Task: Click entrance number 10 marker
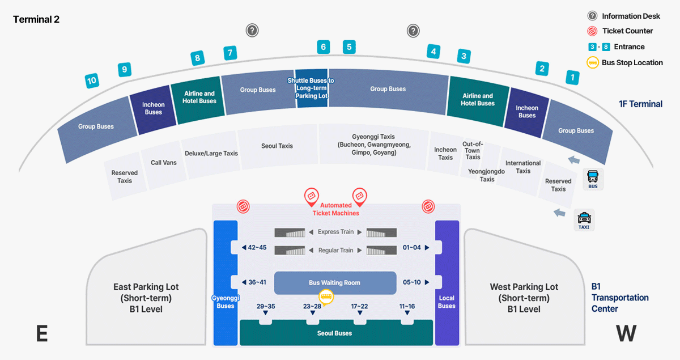(x=92, y=81)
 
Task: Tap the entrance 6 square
(x=324, y=47)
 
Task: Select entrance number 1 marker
(x=572, y=78)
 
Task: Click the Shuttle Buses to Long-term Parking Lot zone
(x=312, y=88)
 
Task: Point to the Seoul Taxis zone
(x=277, y=146)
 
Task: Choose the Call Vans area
(x=163, y=163)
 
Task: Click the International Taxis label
(x=523, y=167)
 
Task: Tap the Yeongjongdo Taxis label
(x=487, y=175)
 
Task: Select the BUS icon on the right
(x=593, y=179)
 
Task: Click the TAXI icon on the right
(x=584, y=219)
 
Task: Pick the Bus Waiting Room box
(x=334, y=283)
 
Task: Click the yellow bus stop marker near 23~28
(x=326, y=296)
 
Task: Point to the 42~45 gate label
(x=253, y=247)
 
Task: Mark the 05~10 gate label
(x=412, y=282)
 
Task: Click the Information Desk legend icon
(x=592, y=16)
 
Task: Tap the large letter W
(x=626, y=333)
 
